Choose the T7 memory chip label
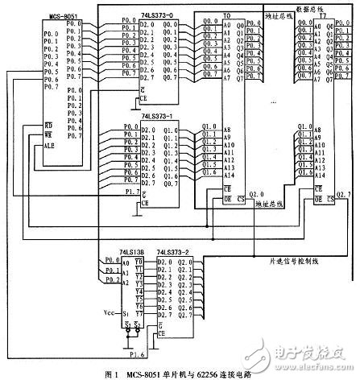(322, 15)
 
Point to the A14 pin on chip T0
(229, 174)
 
